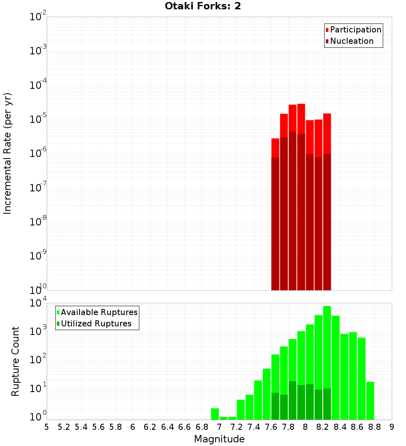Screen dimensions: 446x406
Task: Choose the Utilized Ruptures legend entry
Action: coord(96,324)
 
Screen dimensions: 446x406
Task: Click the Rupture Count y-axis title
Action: coord(15,361)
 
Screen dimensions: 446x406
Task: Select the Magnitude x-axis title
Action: coord(219,439)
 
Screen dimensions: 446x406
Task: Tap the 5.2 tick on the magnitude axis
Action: coord(64,427)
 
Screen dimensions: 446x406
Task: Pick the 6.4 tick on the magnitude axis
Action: coord(168,427)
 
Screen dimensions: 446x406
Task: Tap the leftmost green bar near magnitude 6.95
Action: coord(215,414)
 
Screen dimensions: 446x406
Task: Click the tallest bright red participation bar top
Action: coord(301,105)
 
